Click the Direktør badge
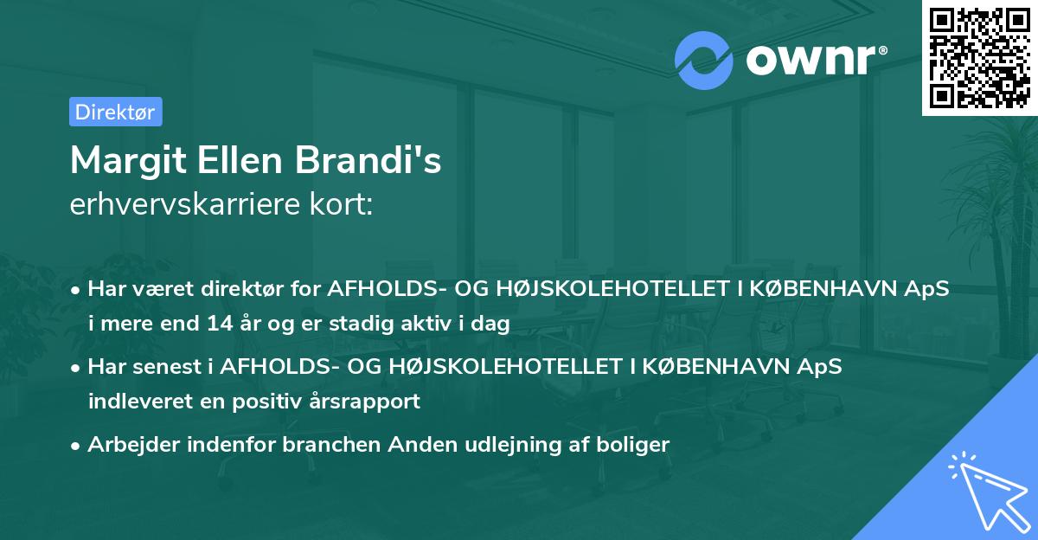pyautogui.click(x=114, y=112)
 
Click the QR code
pyautogui.click(x=979, y=57)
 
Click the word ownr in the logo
pyautogui.click(x=809, y=61)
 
